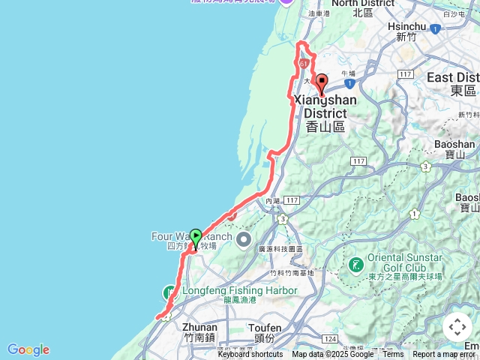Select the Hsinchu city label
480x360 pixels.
[406, 30]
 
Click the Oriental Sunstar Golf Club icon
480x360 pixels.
[355, 264]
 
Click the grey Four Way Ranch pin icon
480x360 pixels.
[243, 240]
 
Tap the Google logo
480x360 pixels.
[28, 349]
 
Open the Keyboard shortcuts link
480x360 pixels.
[250, 354]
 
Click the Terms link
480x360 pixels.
[392, 354]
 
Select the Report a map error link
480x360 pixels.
[445, 354]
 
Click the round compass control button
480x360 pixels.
[457, 327]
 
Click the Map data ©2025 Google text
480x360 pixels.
[332, 354]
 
